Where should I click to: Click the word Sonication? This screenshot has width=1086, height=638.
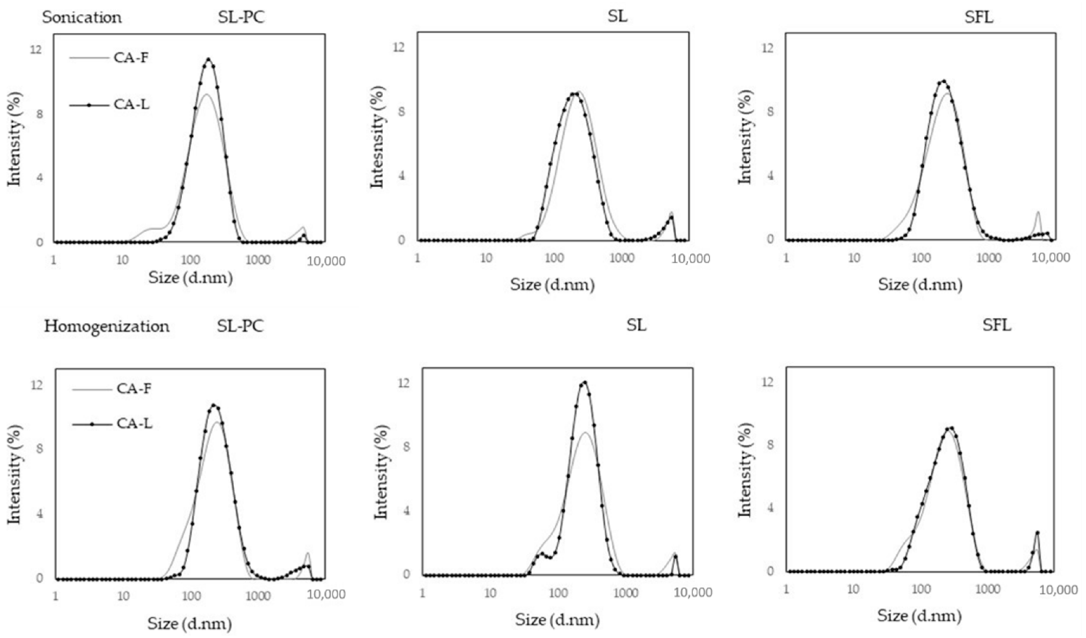point(82,18)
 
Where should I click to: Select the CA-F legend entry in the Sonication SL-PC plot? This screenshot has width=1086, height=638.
point(131,57)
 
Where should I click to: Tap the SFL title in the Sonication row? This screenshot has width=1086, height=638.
point(978,17)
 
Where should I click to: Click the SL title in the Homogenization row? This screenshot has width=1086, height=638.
point(636,326)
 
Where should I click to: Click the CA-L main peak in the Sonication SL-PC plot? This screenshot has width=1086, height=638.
point(209,59)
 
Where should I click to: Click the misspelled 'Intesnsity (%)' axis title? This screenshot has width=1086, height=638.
point(377,137)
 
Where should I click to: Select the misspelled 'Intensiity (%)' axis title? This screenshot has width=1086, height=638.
point(15,474)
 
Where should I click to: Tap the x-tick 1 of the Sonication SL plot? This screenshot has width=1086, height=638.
point(417,258)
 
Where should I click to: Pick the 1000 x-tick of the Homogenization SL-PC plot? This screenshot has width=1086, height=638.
point(259,596)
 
